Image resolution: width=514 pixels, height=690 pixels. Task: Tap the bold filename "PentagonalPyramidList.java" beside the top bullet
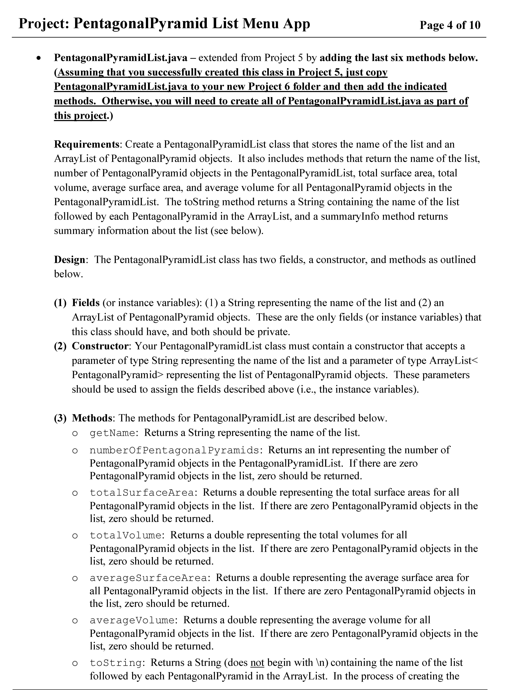pyautogui.click(x=121, y=58)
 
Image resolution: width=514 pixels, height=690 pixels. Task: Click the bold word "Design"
pyautogui.click(x=69, y=260)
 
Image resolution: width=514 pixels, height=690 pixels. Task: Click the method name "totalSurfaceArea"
pyautogui.click(x=142, y=493)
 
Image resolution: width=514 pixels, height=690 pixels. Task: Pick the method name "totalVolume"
pyautogui.click(x=125, y=535)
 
